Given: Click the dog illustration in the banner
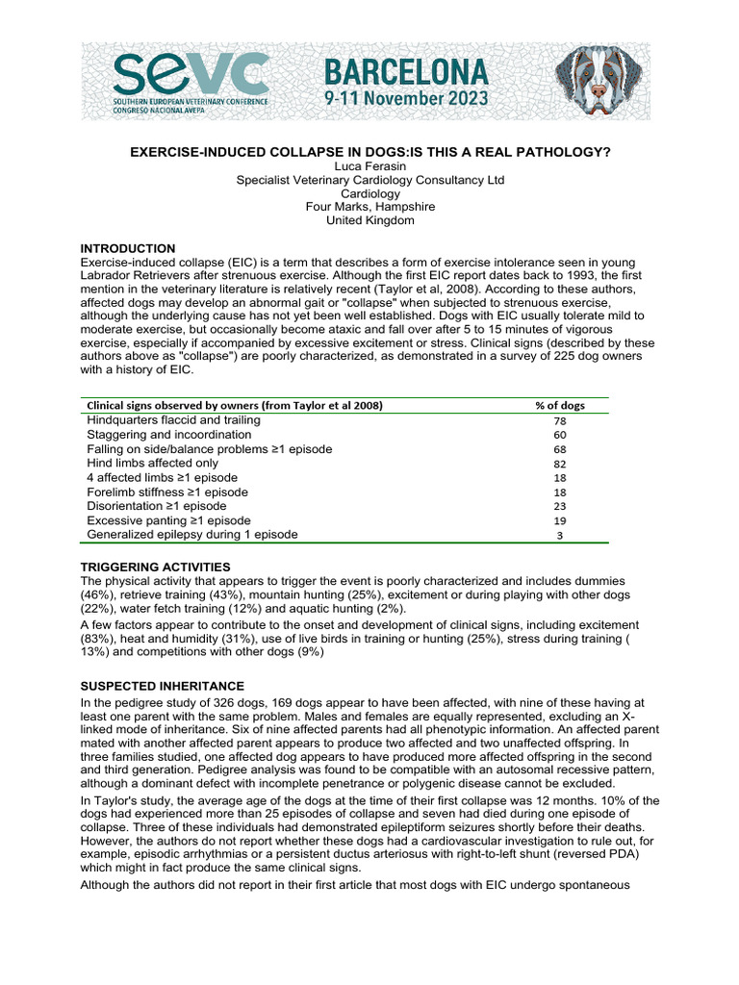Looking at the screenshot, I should click(600, 81).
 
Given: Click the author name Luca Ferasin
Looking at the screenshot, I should click(370, 166).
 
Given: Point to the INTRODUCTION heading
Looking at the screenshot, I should click(127, 248).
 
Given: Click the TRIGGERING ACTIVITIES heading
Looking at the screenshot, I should click(155, 567).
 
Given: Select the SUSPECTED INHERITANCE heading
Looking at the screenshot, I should click(162, 686).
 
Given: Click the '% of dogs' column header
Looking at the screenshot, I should click(559, 405).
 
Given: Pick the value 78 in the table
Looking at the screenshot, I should click(560, 421).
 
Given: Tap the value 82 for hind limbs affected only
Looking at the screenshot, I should click(560, 464).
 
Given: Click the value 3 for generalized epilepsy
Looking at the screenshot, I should click(560, 535).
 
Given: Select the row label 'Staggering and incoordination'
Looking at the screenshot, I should click(168, 435).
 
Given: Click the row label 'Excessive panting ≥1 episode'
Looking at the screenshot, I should click(168, 520).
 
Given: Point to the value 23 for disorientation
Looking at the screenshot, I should click(560, 506).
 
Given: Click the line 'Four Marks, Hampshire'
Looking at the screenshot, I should click(370, 207).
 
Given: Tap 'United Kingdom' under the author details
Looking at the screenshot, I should click(370, 220).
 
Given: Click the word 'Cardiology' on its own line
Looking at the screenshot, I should click(370, 193).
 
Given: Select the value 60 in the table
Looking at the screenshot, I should click(560, 435).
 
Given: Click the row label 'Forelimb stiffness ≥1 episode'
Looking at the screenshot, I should click(166, 492).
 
